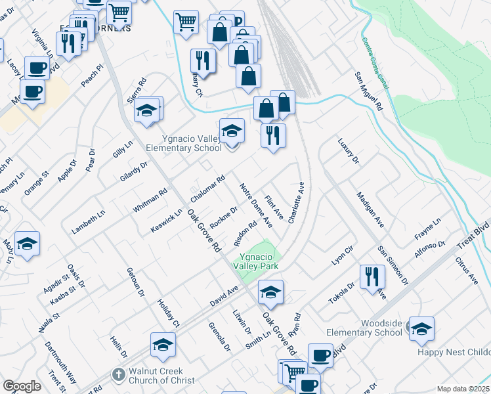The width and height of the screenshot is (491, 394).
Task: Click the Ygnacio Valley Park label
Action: click(259, 261)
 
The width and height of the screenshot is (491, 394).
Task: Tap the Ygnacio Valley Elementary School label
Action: click(192, 143)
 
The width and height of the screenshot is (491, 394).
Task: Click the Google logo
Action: click(22, 386)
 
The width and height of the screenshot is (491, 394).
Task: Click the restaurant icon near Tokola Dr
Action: click(372, 276)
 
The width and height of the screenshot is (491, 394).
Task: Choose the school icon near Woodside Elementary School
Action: click(421, 329)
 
